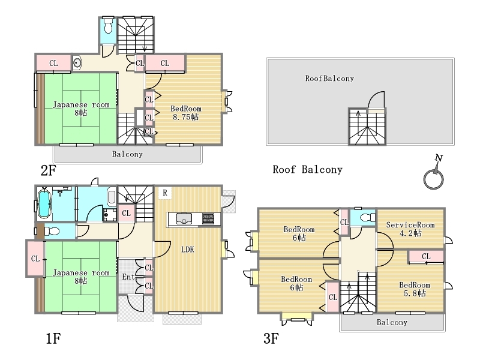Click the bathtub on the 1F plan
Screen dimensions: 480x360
click(x=44, y=204)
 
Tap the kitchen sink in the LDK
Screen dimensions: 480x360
click(x=184, y=218)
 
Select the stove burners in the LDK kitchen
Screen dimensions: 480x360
click(x=208, y=218)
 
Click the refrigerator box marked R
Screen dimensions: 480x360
click(x=165, y=193)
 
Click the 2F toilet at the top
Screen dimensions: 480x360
click(x=108, y=25)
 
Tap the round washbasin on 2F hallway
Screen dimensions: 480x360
click(x=77, y=63)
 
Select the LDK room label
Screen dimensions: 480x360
click(x=188, y=250)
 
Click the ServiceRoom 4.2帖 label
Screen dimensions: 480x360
click(x=410, y=229)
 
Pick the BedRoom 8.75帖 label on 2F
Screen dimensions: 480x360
click(x=186, y=113)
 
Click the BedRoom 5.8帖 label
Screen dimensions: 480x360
click(x=415, y=289)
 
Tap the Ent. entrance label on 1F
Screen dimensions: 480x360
click(x=129, y=277)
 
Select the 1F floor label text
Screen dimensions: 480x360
click(x=53, y=338)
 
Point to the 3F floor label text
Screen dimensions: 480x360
click(x=271, y=338)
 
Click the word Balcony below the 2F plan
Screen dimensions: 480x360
click(x=127, y=154)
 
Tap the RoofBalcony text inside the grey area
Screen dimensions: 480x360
click(x=329, y=79)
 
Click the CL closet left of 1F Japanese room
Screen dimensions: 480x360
click(x=35, y=259)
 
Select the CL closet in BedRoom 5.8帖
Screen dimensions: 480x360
click(x=426, y=257)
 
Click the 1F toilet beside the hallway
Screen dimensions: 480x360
click(x=52, y=231)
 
